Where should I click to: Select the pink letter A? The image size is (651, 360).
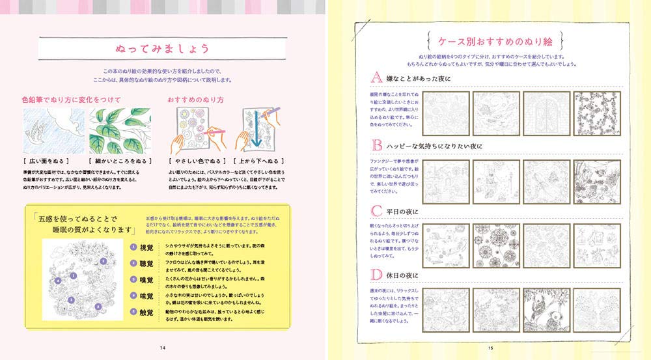pos(376,79)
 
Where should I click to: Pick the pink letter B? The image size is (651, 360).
pos(376,145)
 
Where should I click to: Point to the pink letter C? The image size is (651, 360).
pos(376,211)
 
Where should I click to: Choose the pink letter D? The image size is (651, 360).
pos(376,275)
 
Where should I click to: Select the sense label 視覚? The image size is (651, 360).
pos(146,247)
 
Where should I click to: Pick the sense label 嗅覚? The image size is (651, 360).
pos(146,280)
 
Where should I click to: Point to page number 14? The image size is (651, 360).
pos(162,347)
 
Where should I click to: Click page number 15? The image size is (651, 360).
pos(490,347)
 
